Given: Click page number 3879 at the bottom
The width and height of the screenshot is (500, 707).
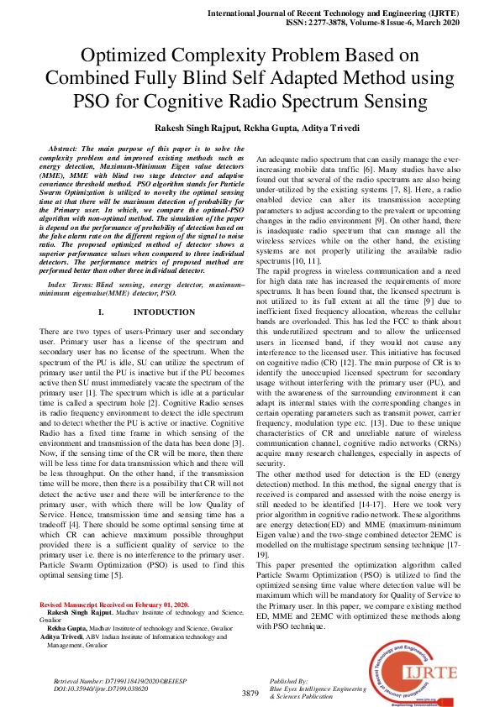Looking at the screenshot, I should (250, 694).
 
